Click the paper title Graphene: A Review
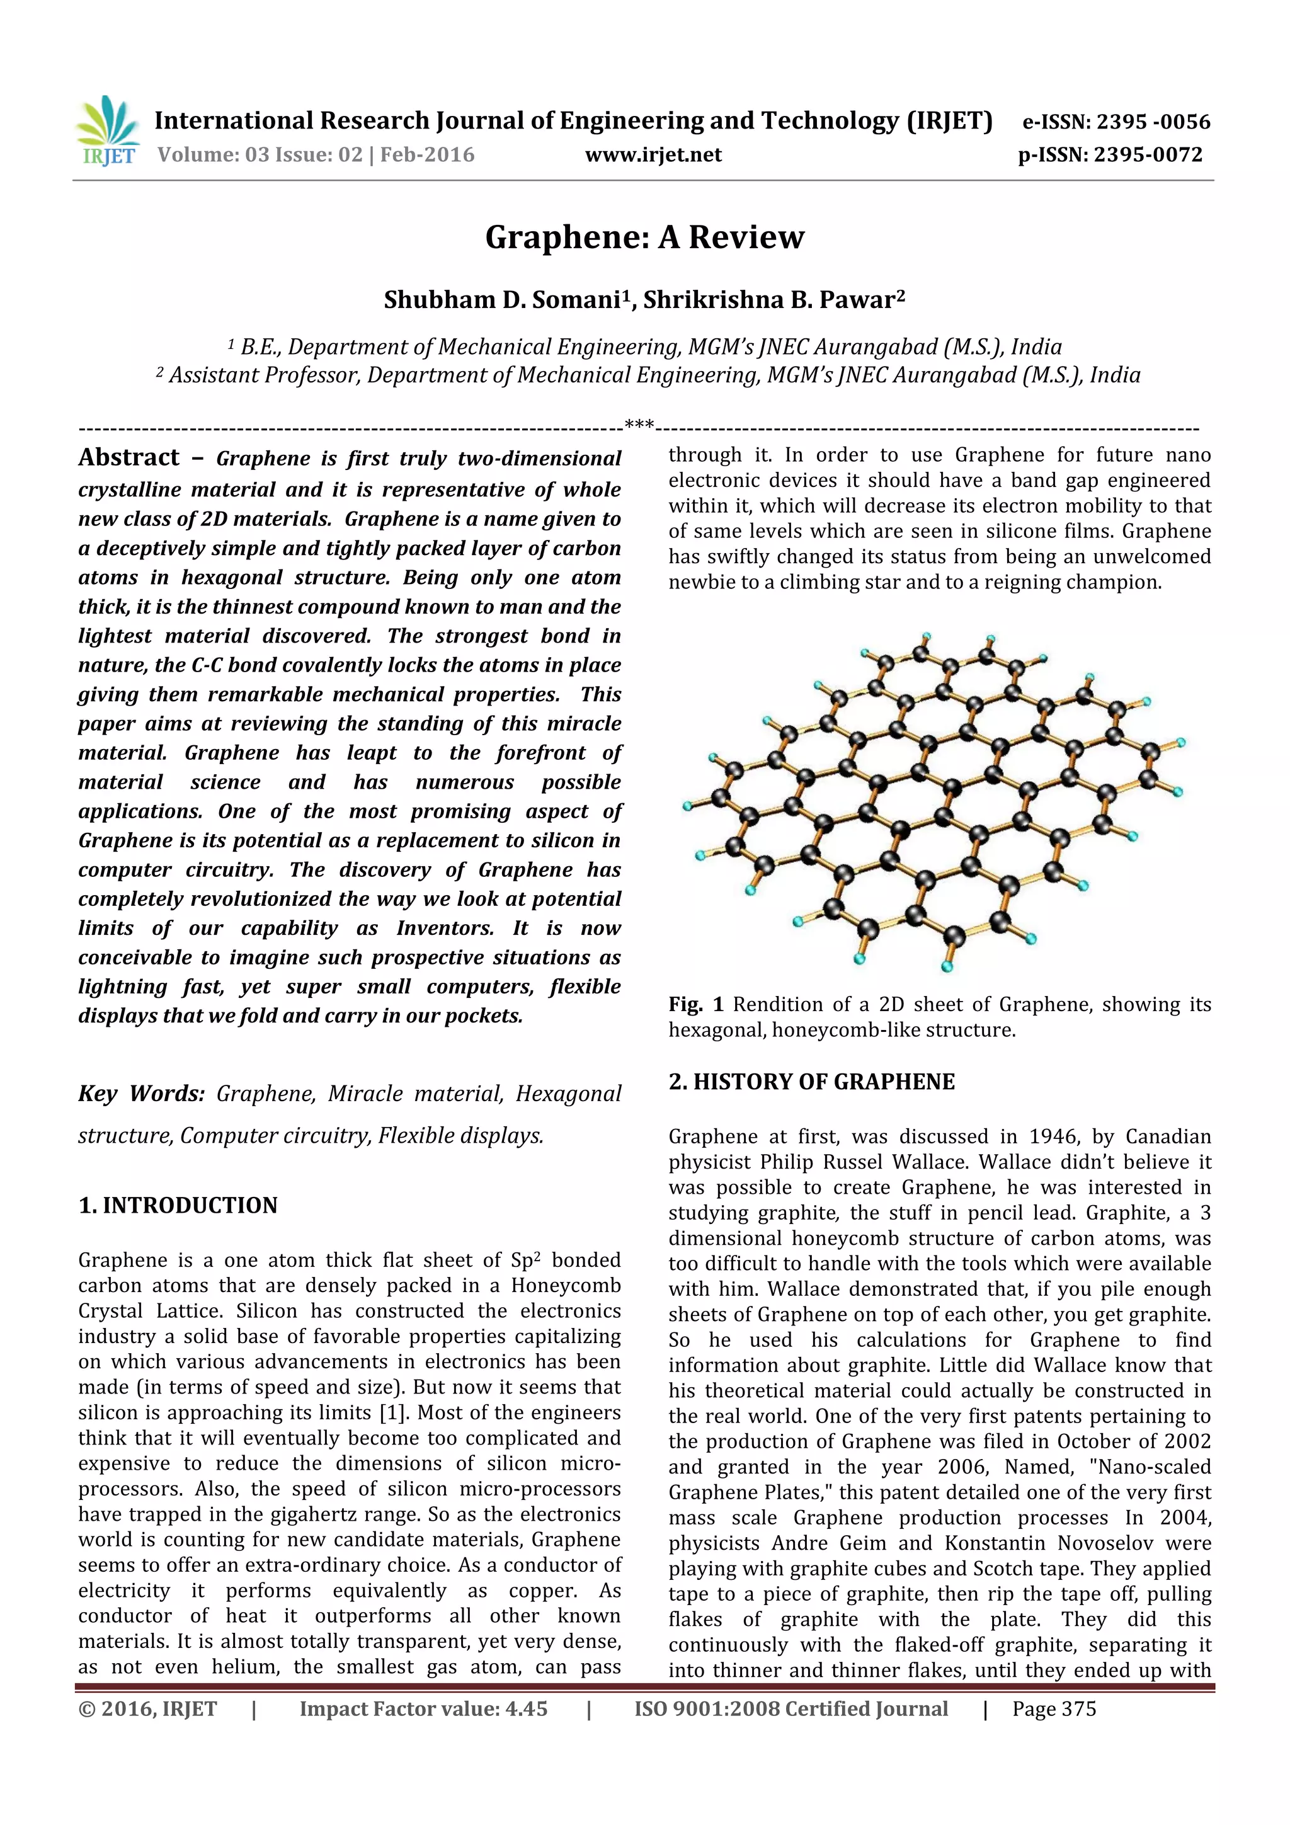[644, 237]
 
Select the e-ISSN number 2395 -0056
[1153, 122]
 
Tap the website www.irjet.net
[653, 154]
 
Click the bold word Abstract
[128, 458]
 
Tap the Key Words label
[142, 1094]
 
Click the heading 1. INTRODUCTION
[178, 1206]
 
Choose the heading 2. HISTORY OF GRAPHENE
[811, 1082]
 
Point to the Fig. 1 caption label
[695, 1005]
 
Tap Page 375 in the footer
[1054, 1709]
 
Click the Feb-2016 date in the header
[427, 154]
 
